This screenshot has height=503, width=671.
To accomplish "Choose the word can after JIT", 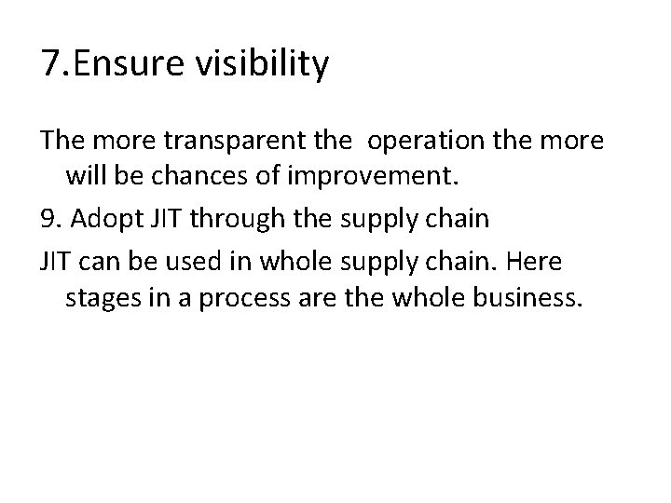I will pos(103,262).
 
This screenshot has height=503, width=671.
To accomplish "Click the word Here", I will pos(535,262).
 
